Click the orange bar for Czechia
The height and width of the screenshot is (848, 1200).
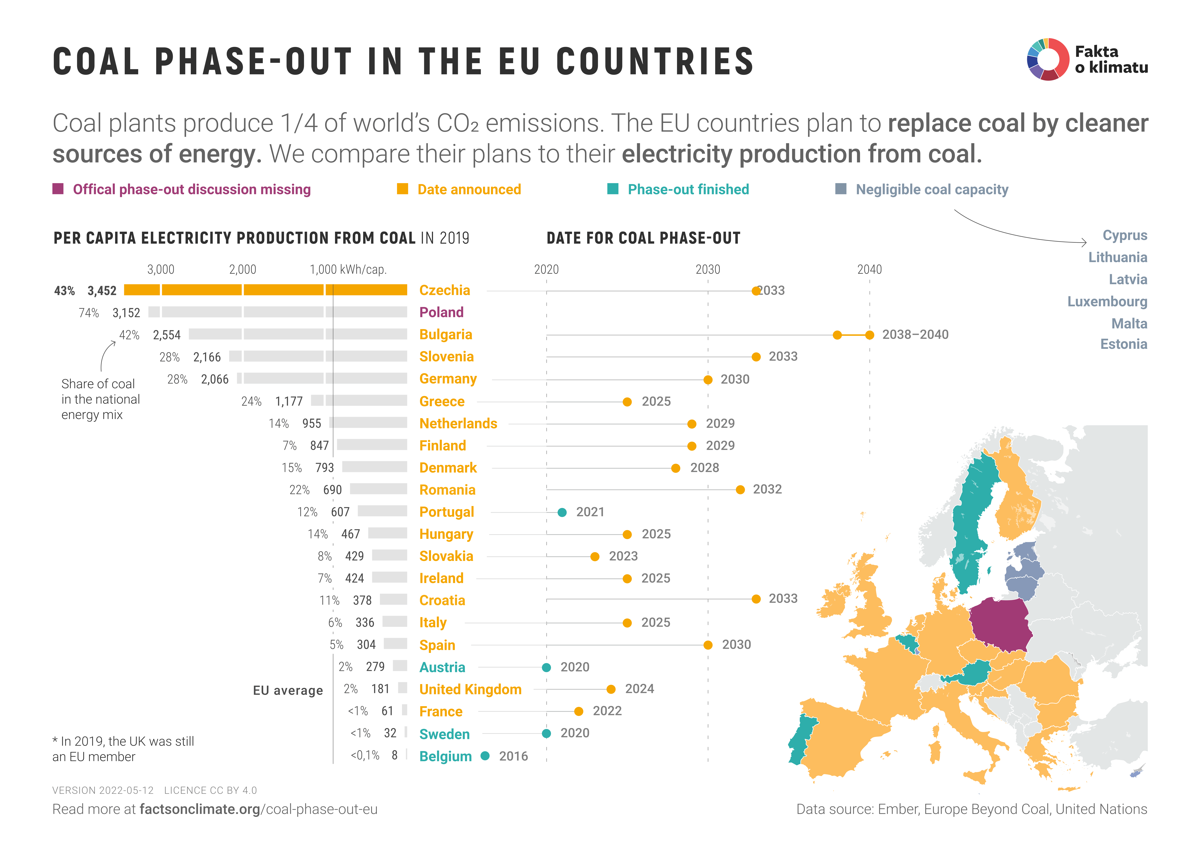(266, 290)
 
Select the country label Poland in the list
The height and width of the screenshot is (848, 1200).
(441, 312)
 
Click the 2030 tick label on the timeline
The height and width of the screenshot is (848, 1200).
(708, 270)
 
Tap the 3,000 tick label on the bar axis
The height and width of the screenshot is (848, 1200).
(160, 270)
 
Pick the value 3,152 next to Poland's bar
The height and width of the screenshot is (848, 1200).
(126, 313)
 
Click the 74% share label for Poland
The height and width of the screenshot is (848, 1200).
(89, 313)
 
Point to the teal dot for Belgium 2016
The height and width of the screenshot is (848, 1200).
(485, 755)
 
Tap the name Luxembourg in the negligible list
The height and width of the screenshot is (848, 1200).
(1107, 301)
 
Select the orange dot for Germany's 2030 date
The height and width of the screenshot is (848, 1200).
(708, 380)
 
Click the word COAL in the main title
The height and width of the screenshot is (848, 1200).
(96, 62)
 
